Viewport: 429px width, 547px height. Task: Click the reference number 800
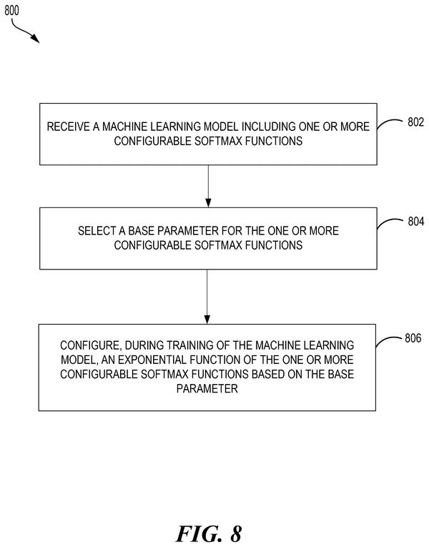[11, 11]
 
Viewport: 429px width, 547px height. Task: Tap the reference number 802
[415, 122]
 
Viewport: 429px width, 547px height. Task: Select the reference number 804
[415, 221]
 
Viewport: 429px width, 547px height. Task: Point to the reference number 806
[413, 337]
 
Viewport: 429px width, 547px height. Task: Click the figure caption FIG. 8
[209, 533]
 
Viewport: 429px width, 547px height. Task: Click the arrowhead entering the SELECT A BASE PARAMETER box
[208, 202]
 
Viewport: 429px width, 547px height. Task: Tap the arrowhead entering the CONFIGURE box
[207, 319]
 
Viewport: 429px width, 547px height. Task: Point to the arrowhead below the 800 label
[36, 39]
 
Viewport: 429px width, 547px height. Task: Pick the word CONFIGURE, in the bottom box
[91, 345]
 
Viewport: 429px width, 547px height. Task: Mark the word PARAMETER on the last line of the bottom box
[207, 388]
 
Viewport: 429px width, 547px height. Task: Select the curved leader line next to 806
[388, 341]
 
